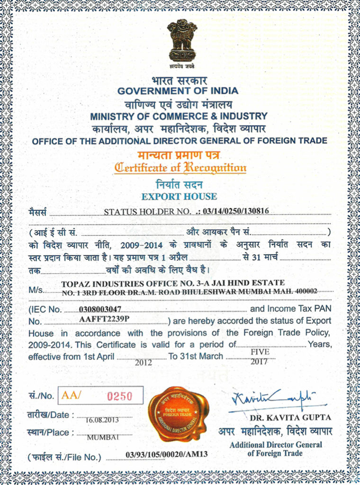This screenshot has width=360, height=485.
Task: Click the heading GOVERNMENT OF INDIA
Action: click(x=178, y=91)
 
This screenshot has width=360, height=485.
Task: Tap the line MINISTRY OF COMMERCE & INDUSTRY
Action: click(x=179, y=116)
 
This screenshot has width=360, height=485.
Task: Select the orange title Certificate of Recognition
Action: click(x=180, y=167)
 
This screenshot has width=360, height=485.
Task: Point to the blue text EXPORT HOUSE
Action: click(x=179, y=196)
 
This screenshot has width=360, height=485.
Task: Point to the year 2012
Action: click(x=143, y=363)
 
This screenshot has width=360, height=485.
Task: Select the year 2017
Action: click(x=260, y=362)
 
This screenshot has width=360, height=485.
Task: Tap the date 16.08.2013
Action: click(x=102, y=420)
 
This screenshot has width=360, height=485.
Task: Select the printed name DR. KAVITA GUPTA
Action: click(x=290, y=418)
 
